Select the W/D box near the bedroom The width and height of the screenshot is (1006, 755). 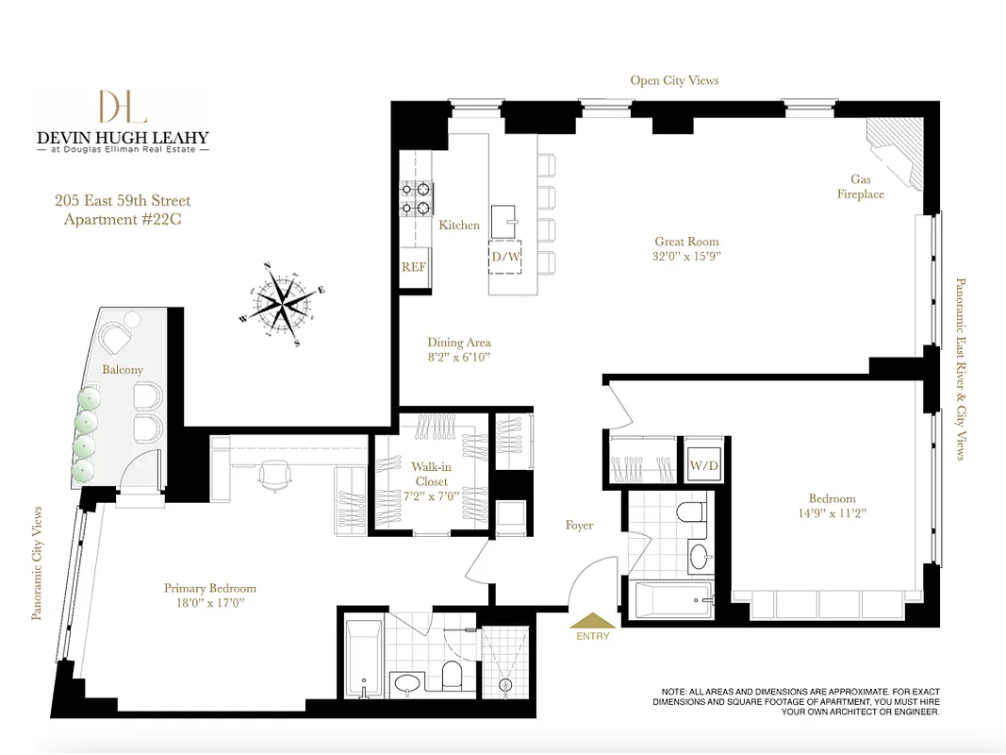pyautogui.click(x=701, y=464)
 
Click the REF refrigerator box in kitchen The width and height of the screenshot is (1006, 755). pyautogui.click(x=414, y=267)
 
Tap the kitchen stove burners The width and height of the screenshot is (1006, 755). pyautogui.click(x=416, y=197)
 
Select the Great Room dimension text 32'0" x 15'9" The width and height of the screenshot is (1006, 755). pyautogui.click(x=687, y=257)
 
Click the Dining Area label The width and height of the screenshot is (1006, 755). pyautogui.click(x=459, y=343)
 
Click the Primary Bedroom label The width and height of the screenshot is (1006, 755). pyautogui.click(x=209, y=588)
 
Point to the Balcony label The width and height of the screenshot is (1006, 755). pyautogui.click(x=123, y=370)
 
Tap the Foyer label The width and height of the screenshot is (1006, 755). pyautogui.click(x=579, y=525)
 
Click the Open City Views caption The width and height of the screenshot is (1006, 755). pyautogui.click(x=674, y=80)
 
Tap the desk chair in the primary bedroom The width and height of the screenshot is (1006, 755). pyautogui.click(x=274, y=476)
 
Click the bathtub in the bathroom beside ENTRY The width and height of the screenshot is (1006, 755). pyautogui.click(x=673, y=599)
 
